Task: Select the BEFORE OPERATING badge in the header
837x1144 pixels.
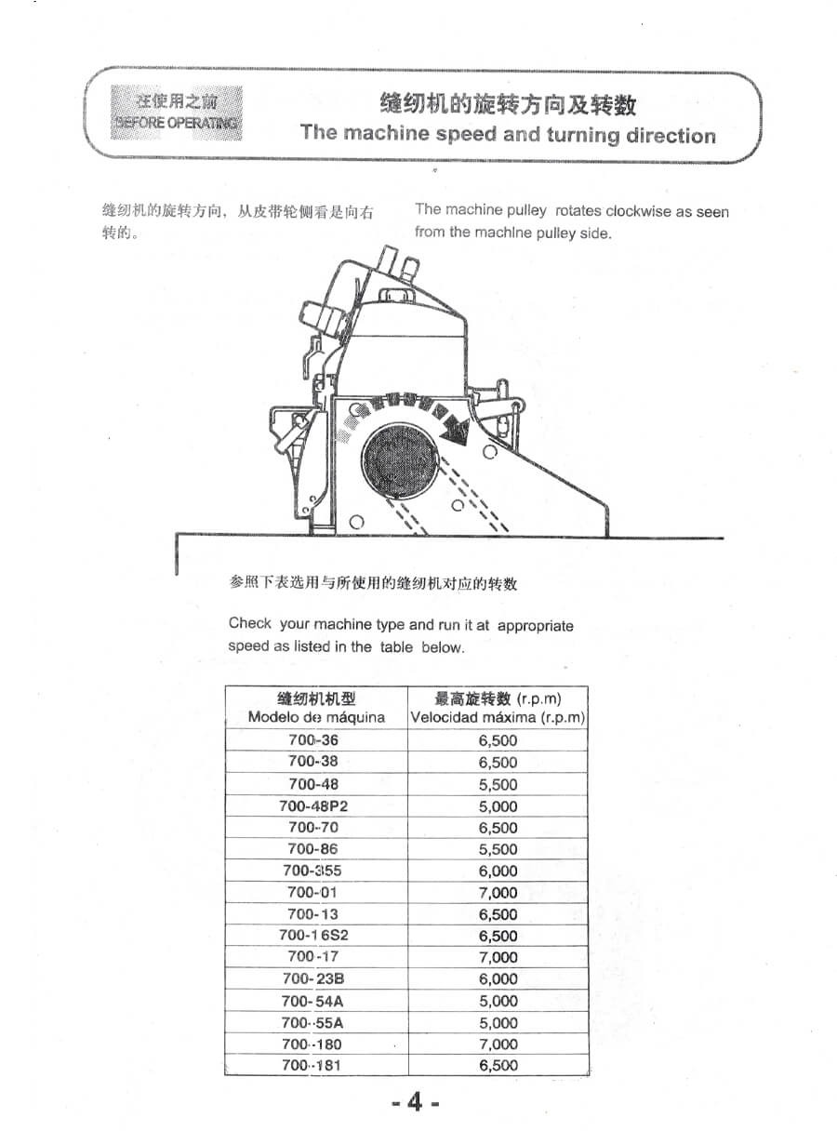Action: [x=176, y=113]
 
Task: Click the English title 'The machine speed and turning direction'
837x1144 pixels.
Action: [x=508, y=134]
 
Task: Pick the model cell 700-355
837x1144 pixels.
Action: [x=313, y=871]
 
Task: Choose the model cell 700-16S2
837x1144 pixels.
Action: [x=313, y=936]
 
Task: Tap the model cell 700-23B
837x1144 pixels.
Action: [x=313, y=978]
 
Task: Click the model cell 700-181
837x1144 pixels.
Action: [x=313, y=1065]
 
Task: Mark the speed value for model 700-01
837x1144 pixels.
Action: [x=498, y=892]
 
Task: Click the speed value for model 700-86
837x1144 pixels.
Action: [x=498, y=849]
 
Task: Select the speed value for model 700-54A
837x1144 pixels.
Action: [x=498, y=1001]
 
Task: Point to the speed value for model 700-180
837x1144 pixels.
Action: [x=498, y=1044]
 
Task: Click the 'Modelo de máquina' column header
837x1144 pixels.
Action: [x=316, y=717]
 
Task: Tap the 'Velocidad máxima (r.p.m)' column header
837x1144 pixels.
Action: [x=498, y=717]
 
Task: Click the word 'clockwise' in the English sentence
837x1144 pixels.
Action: [x=638, y=211]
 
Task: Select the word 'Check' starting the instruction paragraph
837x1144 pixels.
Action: [x=250, y=624]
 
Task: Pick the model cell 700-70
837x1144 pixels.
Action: [x=313, y=827]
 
